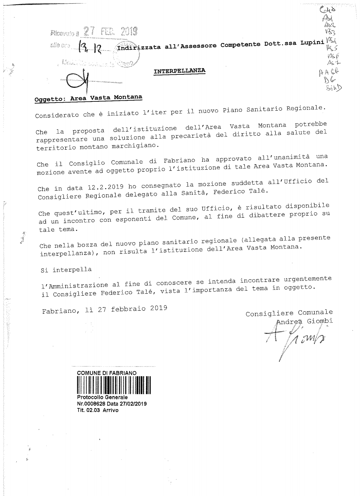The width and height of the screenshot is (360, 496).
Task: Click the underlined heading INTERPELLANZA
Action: (179, 71)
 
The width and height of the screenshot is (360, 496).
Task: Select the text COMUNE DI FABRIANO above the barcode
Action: (107, 373)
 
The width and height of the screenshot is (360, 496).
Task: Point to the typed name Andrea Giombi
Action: (305, 321)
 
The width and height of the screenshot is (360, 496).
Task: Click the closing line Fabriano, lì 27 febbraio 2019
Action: (104, 309)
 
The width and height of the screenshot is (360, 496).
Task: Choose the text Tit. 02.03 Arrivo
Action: (98, 410)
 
